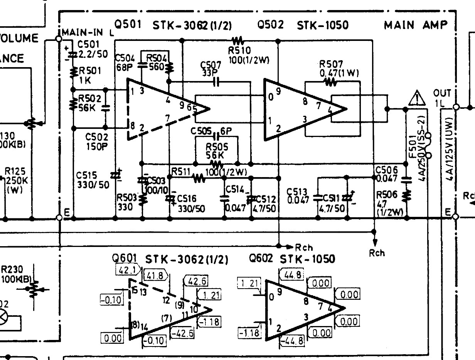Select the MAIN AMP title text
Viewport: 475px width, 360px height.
[x=416, y=25]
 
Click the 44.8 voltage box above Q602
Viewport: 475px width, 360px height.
[x=294, y=275]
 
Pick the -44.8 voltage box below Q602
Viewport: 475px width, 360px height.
[x=293, y=341]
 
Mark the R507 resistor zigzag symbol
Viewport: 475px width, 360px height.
[x=330, y=81]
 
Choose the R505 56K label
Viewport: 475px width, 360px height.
[x=217, y=151]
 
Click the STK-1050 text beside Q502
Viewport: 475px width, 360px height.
[x=323, y=25]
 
